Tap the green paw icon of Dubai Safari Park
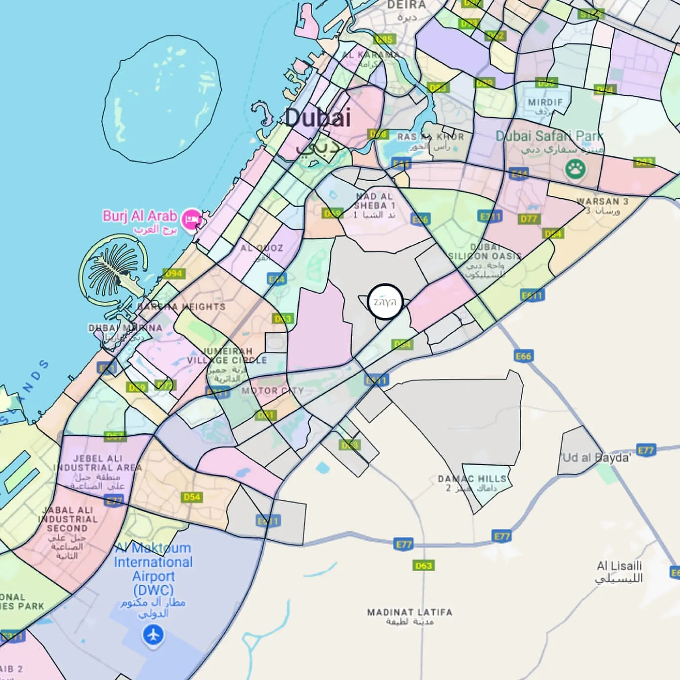pyautogui.click(x=575, y=170)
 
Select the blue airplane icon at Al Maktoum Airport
pyautogui.click(x=153, y=636)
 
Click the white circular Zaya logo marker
pyautogui.click(x=385, y=301)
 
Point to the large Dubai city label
pyautogui.click(x=318, y=118)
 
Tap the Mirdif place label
pyautogui.click(x=545, y=103)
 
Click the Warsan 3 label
pyautogui.click(x=602, y=202)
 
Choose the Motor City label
pyautogui.click(x=272, y=391)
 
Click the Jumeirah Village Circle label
pyautogui.click(x=227, y=356)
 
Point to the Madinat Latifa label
pyautogui.click(x=409, y=613)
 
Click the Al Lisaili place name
pyautogui.click(x=619, y=567)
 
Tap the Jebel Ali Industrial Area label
pyautogui.click(x=97, y=463)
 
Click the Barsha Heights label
pyautogui.click(x=181, y=307)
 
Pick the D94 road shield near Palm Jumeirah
pyautogui.click(x=173, y=274)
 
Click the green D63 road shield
pyautogui.click(x=423, y=565)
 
